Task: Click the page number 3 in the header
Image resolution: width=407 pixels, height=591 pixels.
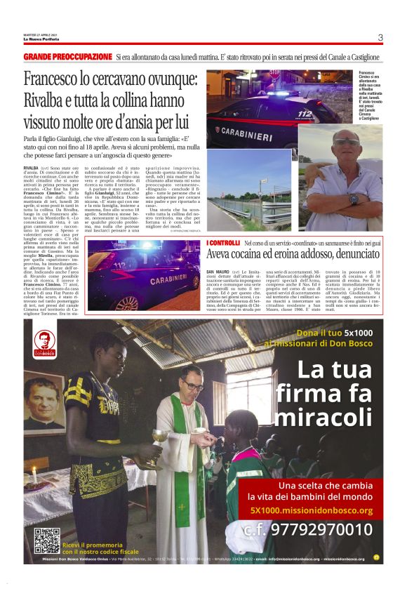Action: pos(380,38)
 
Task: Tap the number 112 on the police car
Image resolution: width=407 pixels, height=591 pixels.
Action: pos(305,114)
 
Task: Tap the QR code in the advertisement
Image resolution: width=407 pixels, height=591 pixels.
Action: pos(46,540)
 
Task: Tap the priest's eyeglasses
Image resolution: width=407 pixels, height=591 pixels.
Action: pos(192,386)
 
